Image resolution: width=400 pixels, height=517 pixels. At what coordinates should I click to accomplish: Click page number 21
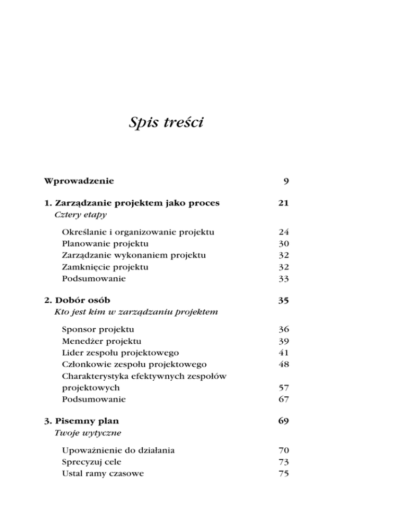283,203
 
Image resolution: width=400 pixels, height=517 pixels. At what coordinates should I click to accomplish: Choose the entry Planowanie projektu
105,243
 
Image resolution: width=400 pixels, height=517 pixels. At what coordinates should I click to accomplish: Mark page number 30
283,243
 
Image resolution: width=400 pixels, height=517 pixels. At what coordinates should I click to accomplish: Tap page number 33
283,279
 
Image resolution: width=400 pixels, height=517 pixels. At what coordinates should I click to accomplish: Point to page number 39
283,341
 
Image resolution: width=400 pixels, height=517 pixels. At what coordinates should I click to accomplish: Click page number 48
283,365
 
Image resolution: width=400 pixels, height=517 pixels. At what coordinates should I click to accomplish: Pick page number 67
283,400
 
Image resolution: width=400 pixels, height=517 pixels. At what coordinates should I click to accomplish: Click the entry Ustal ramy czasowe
103,474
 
